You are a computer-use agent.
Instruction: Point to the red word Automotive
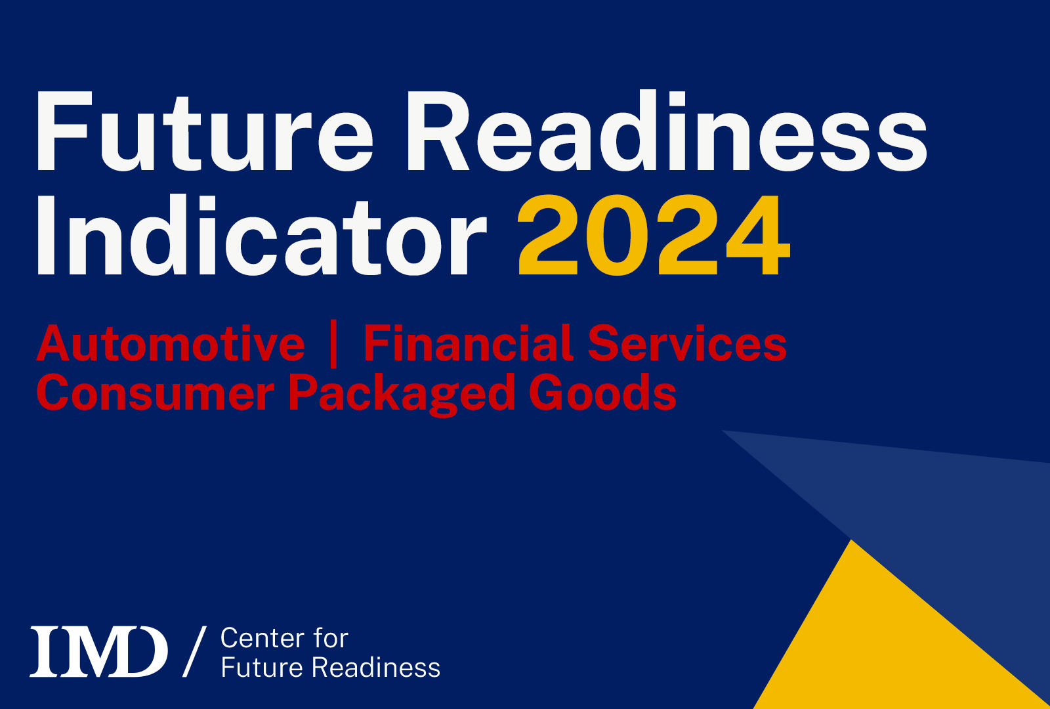coord(171,344)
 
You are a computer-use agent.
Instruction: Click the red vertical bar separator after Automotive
coord(333,344)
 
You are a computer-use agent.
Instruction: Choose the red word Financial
coord(469,344)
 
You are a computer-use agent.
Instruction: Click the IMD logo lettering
coord(98,651)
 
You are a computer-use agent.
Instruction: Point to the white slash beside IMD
coord(194,651)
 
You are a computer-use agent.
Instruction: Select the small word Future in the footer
coord(261,668)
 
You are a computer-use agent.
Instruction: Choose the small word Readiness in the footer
coord(375,668)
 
